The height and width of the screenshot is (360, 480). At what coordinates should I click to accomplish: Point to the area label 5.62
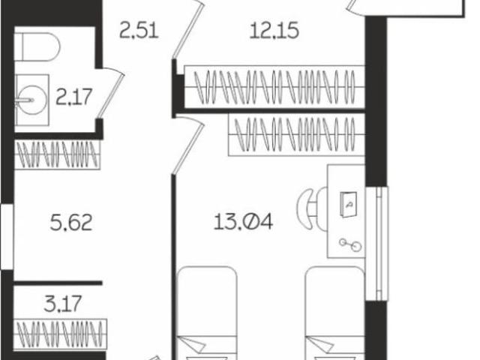[70, 223]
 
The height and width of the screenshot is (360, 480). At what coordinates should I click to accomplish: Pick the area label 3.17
[59, 305]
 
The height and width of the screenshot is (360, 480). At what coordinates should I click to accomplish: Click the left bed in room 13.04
[206, 315]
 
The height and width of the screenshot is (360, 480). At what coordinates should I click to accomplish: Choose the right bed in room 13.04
[335, 315]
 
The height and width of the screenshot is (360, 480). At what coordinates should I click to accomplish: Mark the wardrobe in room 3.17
[61, 331]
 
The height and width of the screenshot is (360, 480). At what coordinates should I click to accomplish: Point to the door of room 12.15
[188, 27]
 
